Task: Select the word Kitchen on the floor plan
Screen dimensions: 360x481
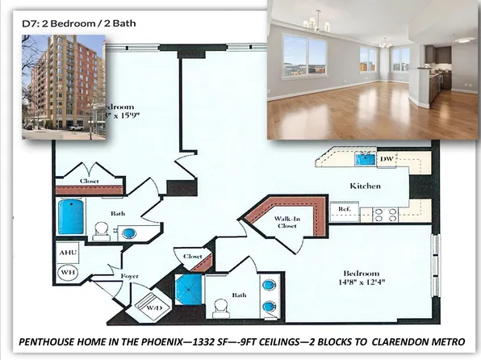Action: point(364,186)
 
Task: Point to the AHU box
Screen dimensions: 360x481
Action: point(68,253)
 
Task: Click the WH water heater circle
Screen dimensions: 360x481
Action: point(67,273)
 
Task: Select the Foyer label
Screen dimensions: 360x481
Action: point(130,274)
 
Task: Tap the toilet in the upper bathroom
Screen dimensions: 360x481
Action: point(102,232)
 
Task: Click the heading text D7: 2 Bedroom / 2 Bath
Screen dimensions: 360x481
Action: point(79,23)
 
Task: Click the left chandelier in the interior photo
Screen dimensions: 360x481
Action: point(312,22)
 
